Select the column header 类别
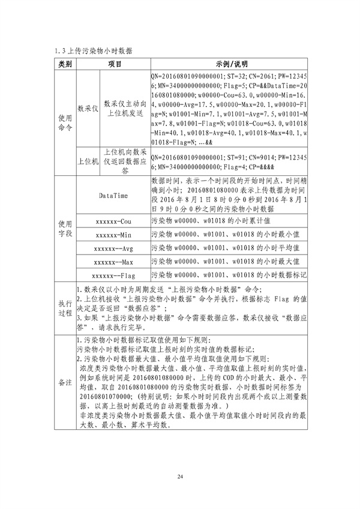pos(65,64)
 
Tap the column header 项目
pos(115,64)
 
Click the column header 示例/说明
pos(230,64)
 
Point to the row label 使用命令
pos(65,122)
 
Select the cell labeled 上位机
pos(88,161)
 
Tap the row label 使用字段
pos(65,228)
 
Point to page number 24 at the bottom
pos(179,477)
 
